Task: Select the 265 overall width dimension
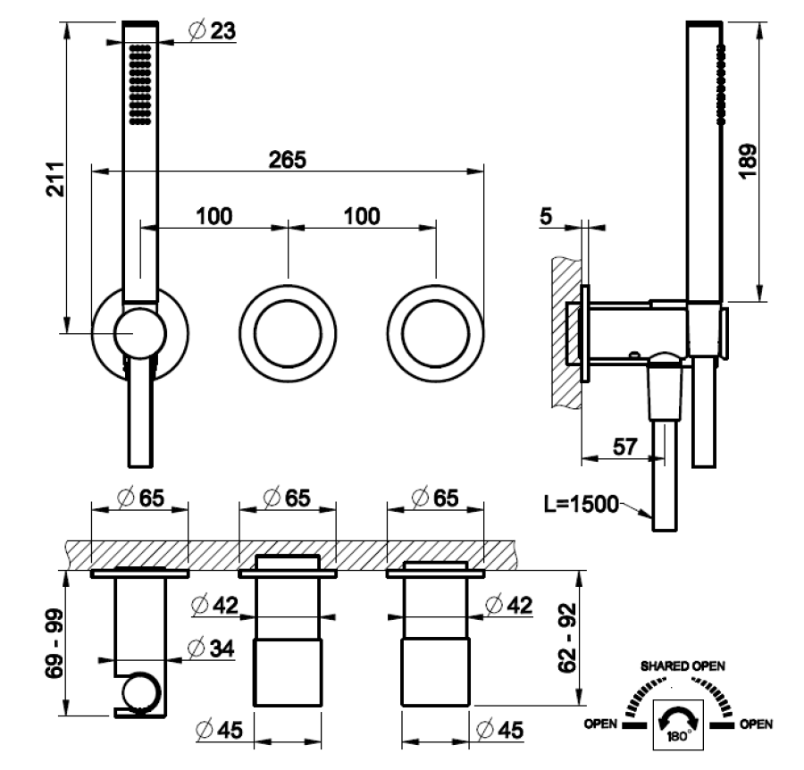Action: [x=288, y=159]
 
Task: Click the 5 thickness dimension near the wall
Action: [x=549, y=215]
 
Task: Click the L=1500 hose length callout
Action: [x=581, y=506]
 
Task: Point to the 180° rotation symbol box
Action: [x=679, y=725]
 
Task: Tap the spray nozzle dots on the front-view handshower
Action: [x=139, y=85]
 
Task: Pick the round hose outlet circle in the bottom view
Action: [x=141, y=694]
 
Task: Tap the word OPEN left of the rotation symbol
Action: [x=600, y=724]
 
